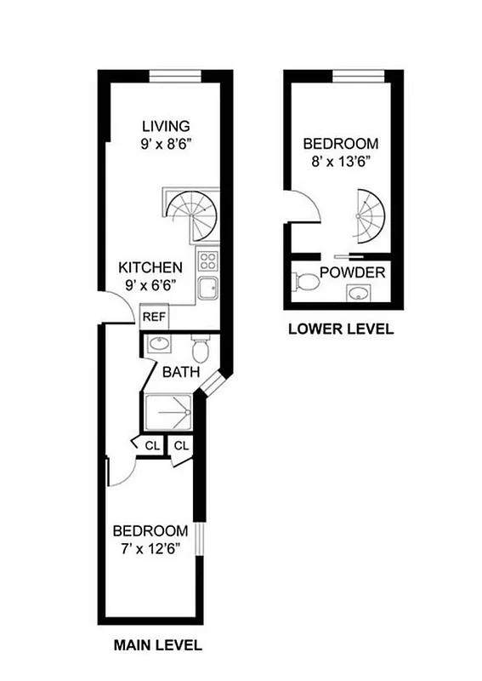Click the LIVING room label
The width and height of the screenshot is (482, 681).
(166, 126)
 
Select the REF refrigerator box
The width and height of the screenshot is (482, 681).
(155, 317)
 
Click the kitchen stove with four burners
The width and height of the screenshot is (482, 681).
(208, 260)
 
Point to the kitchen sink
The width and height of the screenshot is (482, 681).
(208, 288)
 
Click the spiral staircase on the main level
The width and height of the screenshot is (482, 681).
(192, 213)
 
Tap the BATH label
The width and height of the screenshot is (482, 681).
(180, 372)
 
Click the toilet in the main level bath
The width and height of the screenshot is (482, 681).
(201, 349)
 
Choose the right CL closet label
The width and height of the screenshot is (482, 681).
(182, 445)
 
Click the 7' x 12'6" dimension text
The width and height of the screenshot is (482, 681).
(150, 547)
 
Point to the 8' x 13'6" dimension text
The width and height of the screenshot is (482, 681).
(341, 160)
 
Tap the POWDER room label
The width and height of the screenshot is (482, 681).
(353, 273)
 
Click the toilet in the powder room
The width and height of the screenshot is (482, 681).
(303, 282)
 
